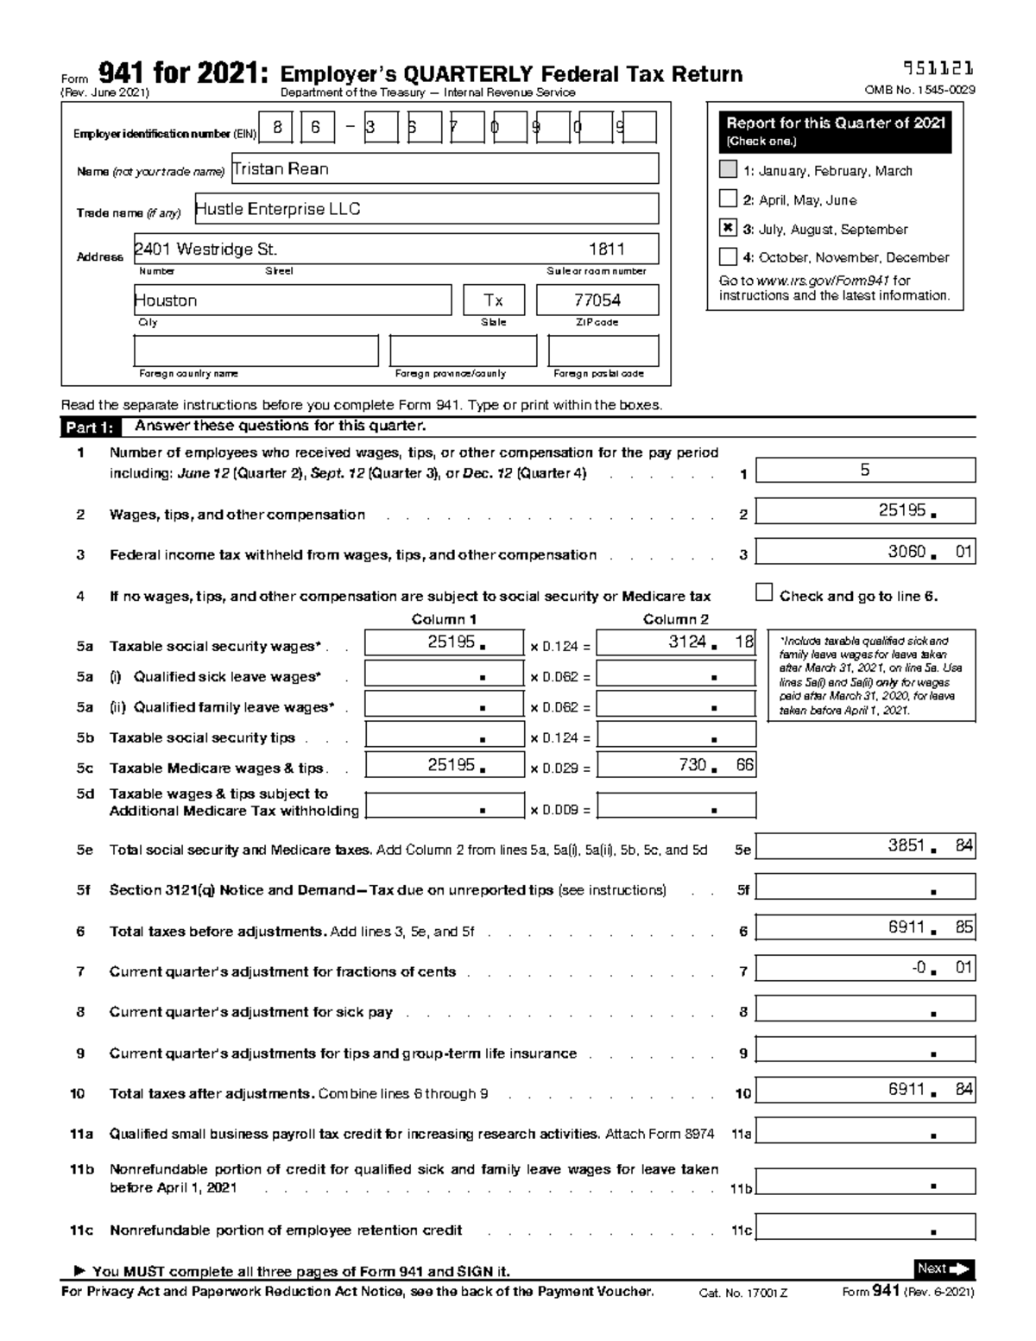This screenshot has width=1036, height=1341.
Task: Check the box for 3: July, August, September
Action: (728, 229)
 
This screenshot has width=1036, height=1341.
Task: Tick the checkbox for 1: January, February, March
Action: (728, 170)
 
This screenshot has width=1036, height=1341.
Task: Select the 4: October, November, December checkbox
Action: (728, 256)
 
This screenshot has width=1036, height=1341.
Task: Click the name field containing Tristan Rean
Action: (445, 169)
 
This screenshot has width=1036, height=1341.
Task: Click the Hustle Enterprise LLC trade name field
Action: (426, 209)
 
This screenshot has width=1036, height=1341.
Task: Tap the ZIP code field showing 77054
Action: (597, 300)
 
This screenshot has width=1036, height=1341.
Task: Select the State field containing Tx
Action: (493, 300)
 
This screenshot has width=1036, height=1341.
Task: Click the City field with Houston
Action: (293, 300)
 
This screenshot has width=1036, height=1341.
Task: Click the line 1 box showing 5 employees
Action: (865, 471)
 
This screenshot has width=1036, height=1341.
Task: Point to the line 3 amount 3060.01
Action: (865, 552)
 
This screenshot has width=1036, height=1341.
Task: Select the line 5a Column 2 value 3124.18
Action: (676, 642)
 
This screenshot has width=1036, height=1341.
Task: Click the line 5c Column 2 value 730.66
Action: (676, 765)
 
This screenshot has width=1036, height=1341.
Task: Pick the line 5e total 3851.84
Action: (865, 846)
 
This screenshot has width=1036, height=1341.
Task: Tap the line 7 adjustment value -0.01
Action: (865, 968)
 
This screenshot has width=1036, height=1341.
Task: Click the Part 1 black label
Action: (89, 427)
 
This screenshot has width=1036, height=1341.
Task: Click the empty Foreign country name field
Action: (256, 351)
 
